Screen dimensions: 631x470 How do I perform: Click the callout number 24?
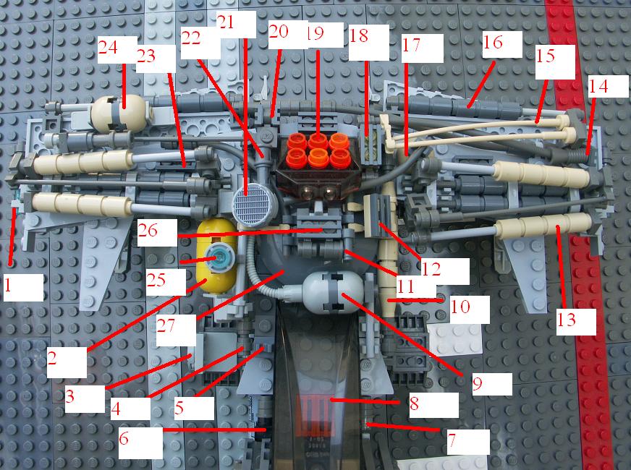[108, 48]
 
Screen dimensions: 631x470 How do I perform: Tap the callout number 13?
[567, 320]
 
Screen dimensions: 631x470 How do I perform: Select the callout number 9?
[478, 383]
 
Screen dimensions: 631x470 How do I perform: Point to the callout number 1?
[7, 285]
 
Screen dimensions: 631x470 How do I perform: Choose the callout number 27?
[166, 325]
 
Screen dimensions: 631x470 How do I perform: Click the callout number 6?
[124, 438]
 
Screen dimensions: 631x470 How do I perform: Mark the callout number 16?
[493, 42]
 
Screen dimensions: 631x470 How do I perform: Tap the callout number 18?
[359, 35]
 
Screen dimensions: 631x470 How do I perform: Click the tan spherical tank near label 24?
[121, 114]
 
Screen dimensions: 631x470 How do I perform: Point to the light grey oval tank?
[333, 292]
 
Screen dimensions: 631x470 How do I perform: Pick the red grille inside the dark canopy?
[315, 415]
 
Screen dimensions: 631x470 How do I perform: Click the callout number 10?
[460, 307]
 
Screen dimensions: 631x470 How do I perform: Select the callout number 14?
[598, 87]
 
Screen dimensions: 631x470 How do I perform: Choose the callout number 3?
[70, 396]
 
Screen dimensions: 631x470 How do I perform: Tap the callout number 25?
[156, 280]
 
